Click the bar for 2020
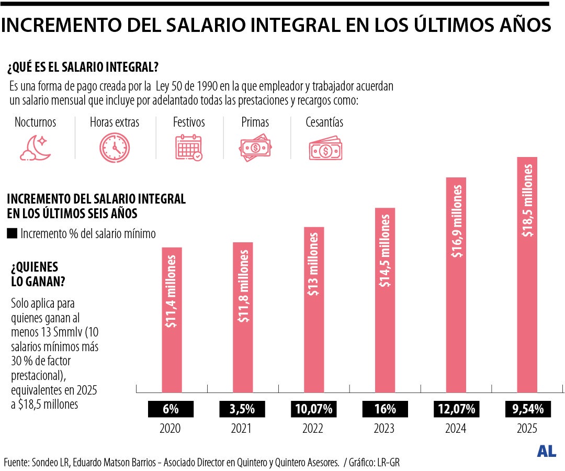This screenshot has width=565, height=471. pos(172,319)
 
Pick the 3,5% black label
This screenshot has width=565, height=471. pos(243,409)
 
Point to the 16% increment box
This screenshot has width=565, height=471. pos(385,409)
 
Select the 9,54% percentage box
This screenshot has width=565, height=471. pos(527,409)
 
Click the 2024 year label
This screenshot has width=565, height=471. pos(456,429)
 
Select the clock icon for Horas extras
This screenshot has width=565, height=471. pos(115,147)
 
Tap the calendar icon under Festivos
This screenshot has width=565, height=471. pos(188,147)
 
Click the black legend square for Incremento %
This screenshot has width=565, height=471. pos(12,233)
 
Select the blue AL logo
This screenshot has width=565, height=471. pos(546,451)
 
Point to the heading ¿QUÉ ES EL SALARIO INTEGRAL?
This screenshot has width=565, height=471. pos(83,68)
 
